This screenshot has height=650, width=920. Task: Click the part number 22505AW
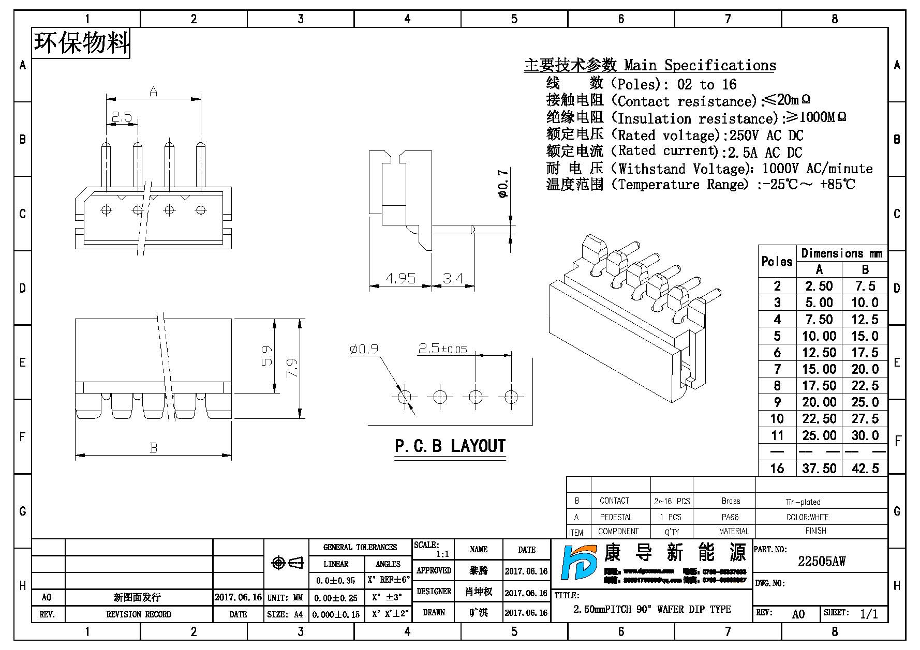(x=821, y=561)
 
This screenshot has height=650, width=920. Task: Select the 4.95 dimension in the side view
(x=400, y=278)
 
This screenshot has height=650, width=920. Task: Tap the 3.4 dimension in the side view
(x=453, y=278)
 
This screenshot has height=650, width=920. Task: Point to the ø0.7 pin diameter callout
(x=502, y=183)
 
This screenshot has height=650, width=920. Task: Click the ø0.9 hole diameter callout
(x=364, y=350)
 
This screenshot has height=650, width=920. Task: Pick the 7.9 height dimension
(x=292, y=368)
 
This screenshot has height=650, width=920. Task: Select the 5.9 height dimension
(x=267, y=356)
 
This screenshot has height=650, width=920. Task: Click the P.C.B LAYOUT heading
(x=450, y=446)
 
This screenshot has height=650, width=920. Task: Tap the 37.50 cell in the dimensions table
(x=819, y=468)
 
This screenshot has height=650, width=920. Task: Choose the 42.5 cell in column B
(x=865, y=468)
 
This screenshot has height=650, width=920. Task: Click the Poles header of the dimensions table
(x=777, y=262)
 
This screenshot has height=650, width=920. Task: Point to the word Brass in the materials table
(x=731, y=501)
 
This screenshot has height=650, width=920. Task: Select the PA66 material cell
(x=730, y=517)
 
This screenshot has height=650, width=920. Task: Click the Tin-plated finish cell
(x=803, y=502)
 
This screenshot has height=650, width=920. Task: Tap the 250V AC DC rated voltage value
(x=766, y=135)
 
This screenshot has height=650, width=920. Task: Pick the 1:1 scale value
(x=442, y=554)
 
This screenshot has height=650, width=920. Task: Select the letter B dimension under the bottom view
(x=153, y=447)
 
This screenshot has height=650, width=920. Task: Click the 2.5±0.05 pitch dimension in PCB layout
(x=442, y=349)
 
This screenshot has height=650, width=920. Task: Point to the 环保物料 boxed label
(x=81, y=42)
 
